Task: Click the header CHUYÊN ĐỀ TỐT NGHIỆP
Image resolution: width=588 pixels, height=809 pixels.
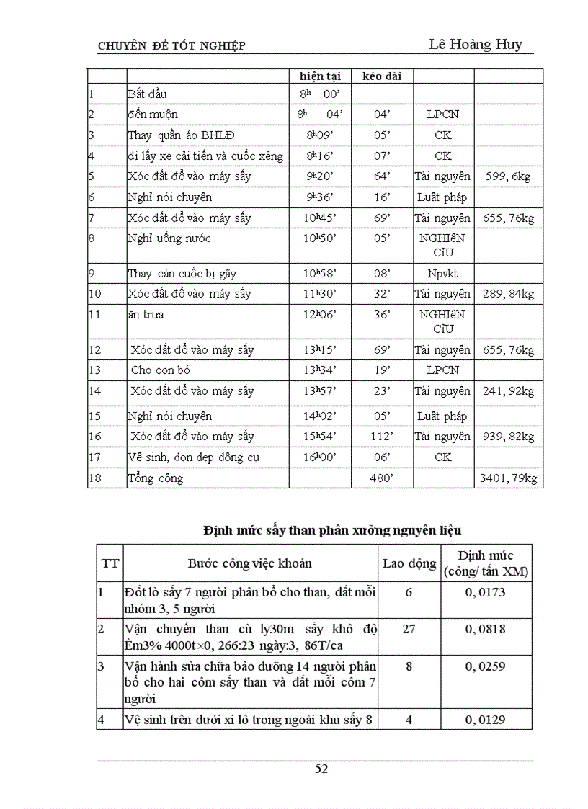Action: (171, 47)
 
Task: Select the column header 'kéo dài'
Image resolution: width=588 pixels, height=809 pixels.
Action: (382, 76)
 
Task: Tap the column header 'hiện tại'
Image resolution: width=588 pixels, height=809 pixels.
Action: (320, 76)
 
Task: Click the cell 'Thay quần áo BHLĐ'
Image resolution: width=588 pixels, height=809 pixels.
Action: (181, 135)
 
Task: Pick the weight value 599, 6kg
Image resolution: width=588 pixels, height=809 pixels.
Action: (508, 177)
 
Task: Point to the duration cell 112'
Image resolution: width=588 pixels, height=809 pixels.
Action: (382, 437)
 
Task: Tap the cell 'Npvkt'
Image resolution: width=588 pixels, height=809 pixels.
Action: (442, 274)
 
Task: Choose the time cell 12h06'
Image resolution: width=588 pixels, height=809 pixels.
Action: (320, 315)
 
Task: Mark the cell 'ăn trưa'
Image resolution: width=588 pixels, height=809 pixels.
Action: (146, 315)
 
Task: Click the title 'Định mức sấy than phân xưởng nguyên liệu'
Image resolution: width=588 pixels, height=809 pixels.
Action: (331, 530)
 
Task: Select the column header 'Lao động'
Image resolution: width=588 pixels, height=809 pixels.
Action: (409, 563)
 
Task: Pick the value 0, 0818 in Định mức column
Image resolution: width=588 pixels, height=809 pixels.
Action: (486, 629)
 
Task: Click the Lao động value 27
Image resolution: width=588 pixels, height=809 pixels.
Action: (409, 629)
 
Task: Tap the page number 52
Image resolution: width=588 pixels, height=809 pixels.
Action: (321, 769)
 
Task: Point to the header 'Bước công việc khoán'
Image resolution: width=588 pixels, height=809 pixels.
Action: (250, 563)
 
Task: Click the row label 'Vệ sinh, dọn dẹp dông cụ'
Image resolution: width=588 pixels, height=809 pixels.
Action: (194, 457)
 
